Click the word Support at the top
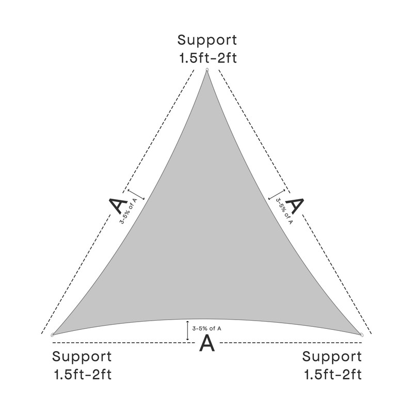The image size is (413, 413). [x=207, y=40]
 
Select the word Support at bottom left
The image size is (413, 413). [x=82, y=356]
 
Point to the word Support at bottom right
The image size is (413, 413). [x=331, y=356]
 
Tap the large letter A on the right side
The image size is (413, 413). [x=294, y=205]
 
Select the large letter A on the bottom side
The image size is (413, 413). [x=206, y=343]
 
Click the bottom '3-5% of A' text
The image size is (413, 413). [x=206, y=328]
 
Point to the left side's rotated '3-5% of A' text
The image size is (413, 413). [x=129, y=212]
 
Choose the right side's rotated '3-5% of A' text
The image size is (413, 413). [x=284, y=212]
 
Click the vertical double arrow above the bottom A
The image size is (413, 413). [x=187, y=331]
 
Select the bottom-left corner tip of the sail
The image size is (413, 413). [x=54, y=335]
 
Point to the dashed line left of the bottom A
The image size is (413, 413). [x=124, y=343]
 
